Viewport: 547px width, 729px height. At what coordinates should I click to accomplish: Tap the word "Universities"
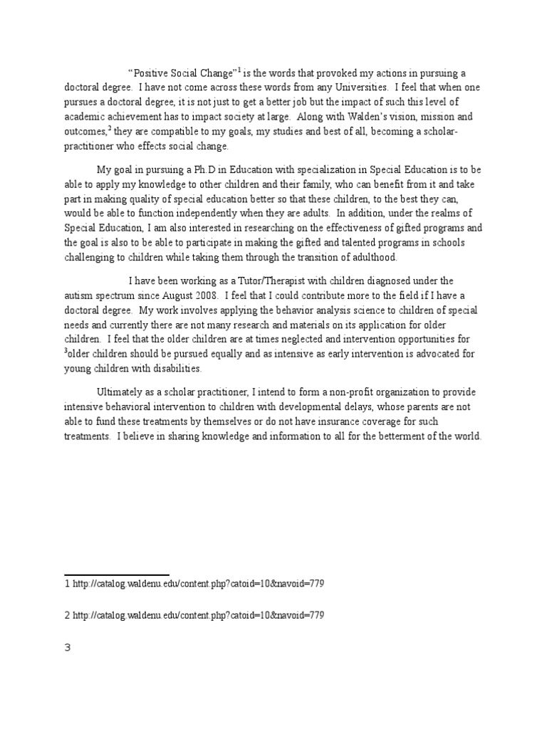361,88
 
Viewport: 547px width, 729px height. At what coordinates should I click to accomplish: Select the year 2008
204,295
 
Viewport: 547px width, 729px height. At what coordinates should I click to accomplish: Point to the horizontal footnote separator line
117,574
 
